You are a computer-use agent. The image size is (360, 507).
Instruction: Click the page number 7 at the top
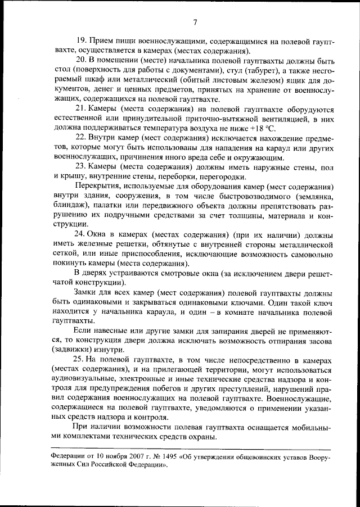pos(195,22)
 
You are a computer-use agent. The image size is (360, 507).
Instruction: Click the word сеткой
pos(61,254)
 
